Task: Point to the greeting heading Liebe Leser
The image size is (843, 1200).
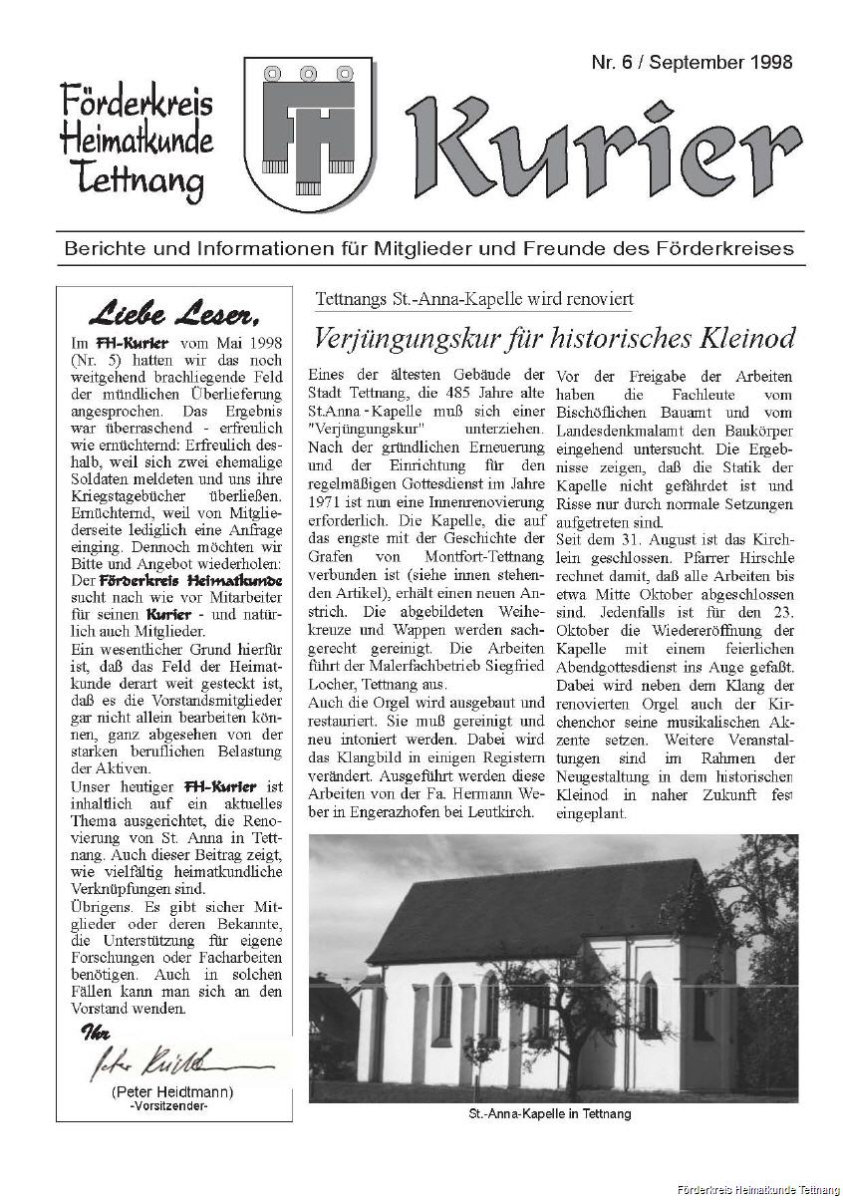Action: (x=175, y=316)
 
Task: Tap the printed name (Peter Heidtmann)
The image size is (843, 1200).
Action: (x=173, y=1092)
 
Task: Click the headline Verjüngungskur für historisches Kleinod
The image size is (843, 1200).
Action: (x=554, y=339)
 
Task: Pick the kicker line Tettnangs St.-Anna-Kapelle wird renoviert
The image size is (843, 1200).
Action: (x=473, y=299)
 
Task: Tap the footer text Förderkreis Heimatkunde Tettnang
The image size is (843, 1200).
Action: (x=756, y=1191)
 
